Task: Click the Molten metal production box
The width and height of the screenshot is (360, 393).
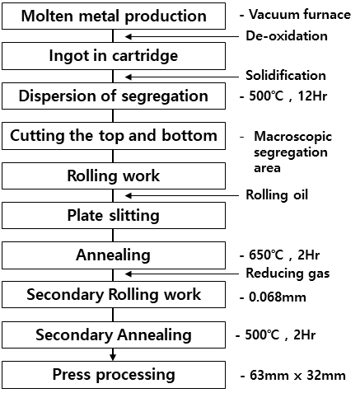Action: (x=114, y=16)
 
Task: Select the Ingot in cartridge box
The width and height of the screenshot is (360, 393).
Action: (x=114, y=56)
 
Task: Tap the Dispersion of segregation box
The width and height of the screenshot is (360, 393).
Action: (x=114, y=96)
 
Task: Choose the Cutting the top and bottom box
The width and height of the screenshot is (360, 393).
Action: (x=114, y=136)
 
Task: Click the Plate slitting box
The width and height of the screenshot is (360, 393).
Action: (x=114, y=216)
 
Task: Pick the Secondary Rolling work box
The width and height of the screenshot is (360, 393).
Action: (x=114, y=294)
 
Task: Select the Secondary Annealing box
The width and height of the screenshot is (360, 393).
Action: (x=114, y=335)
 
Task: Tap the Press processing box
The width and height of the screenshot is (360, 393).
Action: (x=114, y=375)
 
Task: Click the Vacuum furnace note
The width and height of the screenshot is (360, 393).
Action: (x=295, y=15)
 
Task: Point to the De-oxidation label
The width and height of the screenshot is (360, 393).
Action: (x=287, y=36)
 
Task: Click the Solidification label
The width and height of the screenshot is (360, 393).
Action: (x=286, y=76)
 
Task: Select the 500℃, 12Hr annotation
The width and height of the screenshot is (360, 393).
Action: (x=283, y=96)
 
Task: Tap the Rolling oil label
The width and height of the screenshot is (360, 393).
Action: (x=277, y=195)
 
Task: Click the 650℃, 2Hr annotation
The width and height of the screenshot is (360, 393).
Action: (x=280, y=255)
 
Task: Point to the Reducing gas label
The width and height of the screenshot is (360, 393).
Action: (x=288, y=274)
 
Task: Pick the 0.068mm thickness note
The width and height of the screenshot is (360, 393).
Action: (x=273, y=297)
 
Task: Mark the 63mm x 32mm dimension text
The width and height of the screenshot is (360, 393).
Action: (x=293, y=376)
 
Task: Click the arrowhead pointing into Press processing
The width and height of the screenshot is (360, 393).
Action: (x=113, y=358)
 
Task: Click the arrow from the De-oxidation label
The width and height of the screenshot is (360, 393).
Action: (x=182, y=36)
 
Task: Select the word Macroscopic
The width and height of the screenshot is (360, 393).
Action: (x=293, y=137)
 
